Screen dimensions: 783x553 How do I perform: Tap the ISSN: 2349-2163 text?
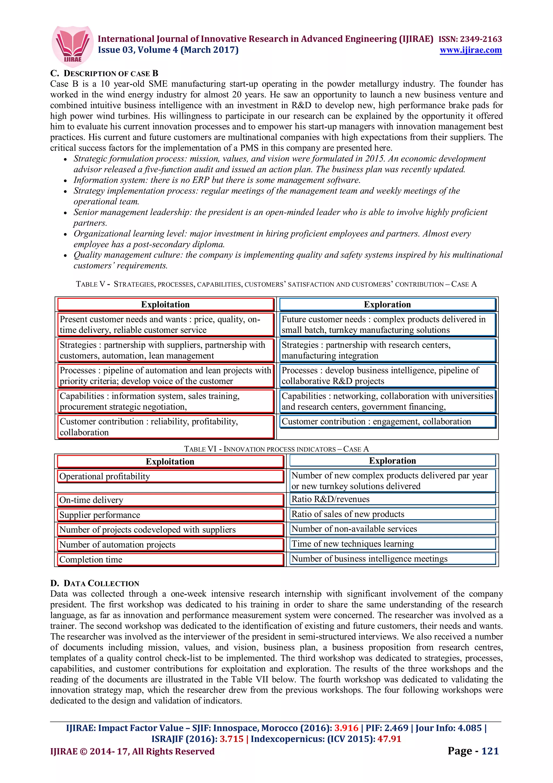(x=470, y=39)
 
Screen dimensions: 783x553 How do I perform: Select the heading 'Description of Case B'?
(x=104, y=73)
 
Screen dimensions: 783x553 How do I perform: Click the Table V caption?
(x=276, y=284)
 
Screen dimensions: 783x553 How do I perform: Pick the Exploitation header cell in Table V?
(x=166, y=304)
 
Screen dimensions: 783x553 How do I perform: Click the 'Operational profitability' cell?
(x=170, y=476)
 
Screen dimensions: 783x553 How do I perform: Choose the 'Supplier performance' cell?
(x=170, y=515)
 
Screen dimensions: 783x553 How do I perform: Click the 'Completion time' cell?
(x=170, y=560)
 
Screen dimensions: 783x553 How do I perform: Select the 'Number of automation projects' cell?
(x=170, y=545)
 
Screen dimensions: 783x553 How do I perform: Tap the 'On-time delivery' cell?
(x=170, y=500)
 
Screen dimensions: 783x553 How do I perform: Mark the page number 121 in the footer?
(x=490, y=751)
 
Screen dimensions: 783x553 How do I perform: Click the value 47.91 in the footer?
(x=389, y=739)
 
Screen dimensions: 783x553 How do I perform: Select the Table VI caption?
(x=276, y=449)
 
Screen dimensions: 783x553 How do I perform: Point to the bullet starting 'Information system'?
(x=217, y=180)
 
